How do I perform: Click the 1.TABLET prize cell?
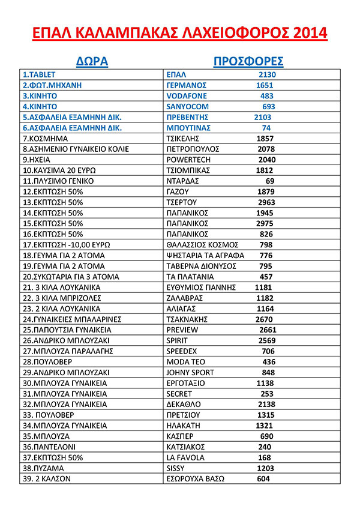tap(39, 75)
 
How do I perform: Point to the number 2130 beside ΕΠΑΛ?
tap(268, 75)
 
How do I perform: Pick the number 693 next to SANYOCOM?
tap(268, 106)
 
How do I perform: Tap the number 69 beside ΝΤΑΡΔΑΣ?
tap(269, 181)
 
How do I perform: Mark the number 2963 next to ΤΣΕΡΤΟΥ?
tap(266, 202)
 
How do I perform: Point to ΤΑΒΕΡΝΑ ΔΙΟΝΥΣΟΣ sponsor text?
tap(199, 266)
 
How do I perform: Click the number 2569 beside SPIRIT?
tap(266, 340)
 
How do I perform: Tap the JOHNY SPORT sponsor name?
tap(190, 372)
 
